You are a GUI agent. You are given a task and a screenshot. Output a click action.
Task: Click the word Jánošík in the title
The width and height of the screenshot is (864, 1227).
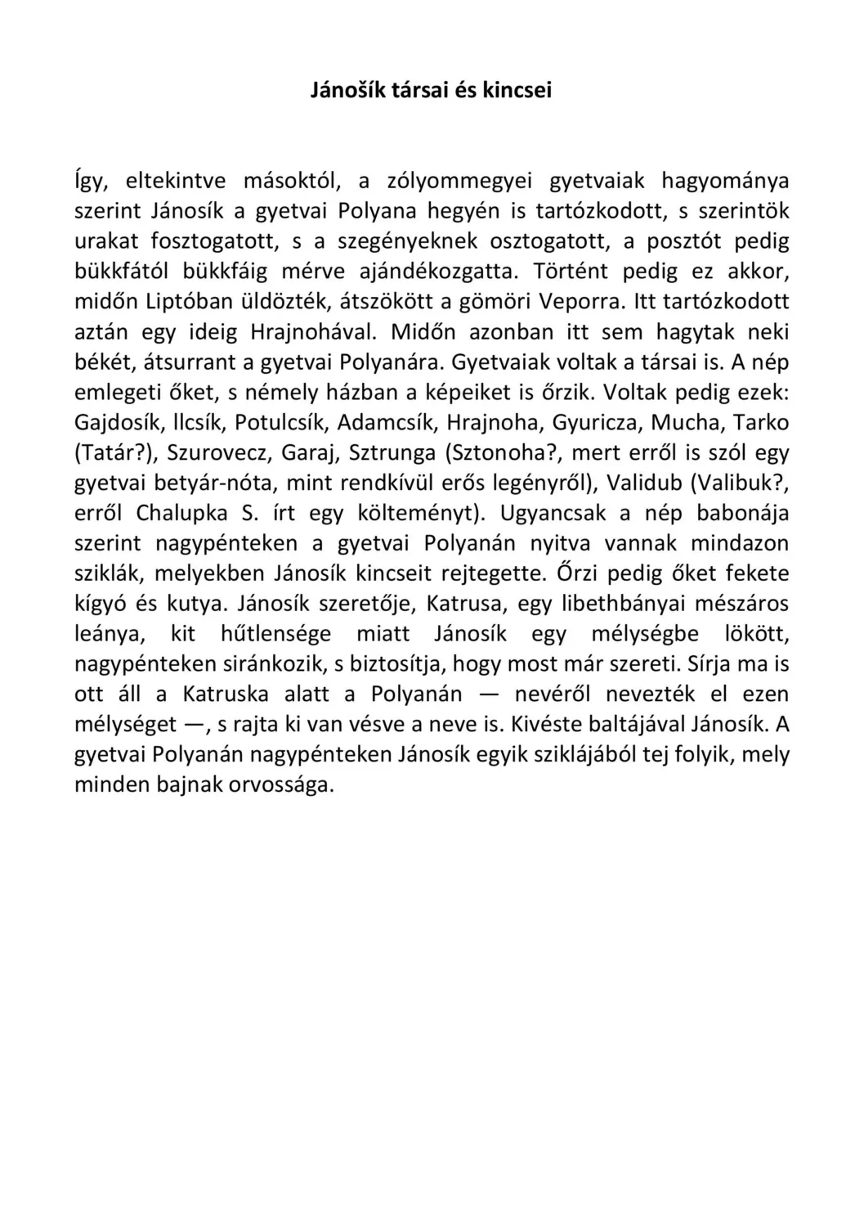pos(347,90)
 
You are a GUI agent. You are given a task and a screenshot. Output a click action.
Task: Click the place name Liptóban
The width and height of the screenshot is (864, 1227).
pos(188,302)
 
